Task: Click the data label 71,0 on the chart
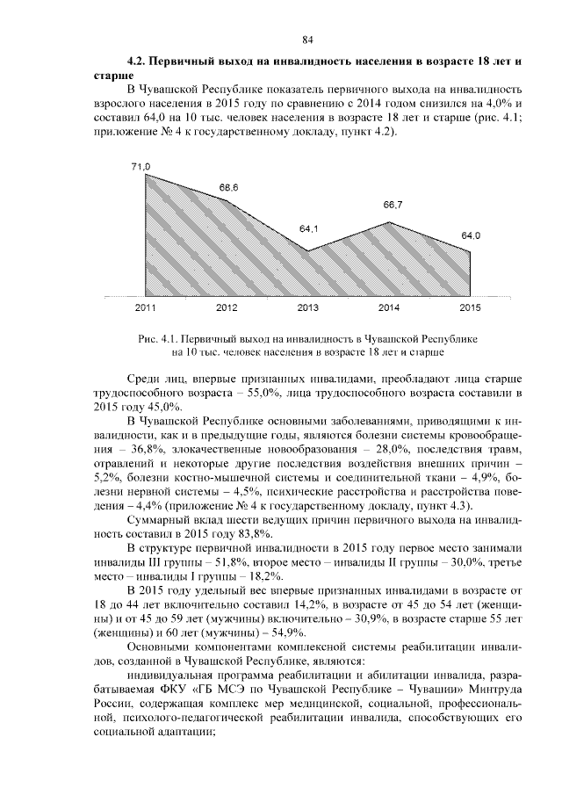coord(141,166)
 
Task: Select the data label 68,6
coord(228,188)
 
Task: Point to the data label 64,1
coord(308,228)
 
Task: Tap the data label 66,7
coord(393,205)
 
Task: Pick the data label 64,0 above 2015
coord(471,235)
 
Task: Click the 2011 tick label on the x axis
coord(146,307)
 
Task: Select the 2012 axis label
coord(227,307)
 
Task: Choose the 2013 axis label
coord(308,307)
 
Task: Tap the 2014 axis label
coord(389,307)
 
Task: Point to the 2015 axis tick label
coord(470,307)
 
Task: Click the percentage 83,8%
coord(236,532)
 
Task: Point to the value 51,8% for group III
coord(230,561)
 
